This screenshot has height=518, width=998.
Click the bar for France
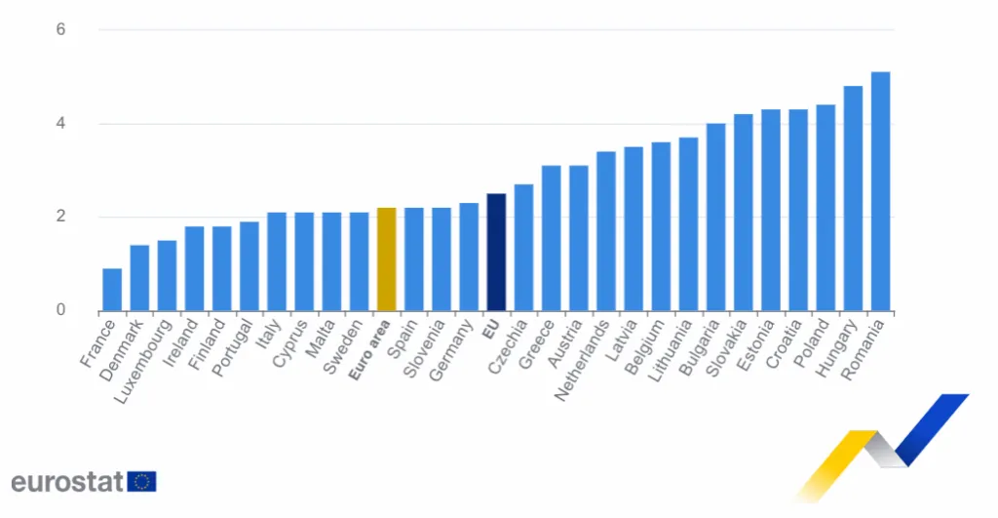112,290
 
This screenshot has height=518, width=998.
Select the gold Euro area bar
386,259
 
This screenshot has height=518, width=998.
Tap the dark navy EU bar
496,253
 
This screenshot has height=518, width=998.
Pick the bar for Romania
880,191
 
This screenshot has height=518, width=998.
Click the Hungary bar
853,199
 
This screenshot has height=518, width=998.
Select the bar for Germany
469,257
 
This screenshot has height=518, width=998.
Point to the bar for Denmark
139,278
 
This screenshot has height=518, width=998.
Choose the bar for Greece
551,238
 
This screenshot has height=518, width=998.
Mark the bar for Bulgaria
715,217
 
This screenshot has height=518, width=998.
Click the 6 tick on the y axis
60,29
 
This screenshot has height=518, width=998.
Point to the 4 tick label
60,124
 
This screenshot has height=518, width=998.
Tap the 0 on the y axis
60,310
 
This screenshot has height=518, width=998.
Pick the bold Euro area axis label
370,347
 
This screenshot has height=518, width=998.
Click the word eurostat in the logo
67,481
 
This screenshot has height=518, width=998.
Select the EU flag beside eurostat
141,481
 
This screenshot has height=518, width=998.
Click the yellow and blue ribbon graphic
882,444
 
